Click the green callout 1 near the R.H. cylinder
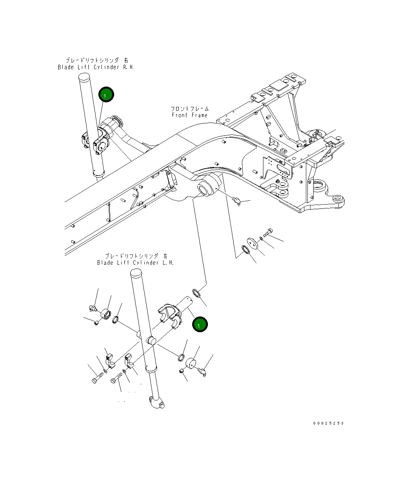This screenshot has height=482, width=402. point(106,94)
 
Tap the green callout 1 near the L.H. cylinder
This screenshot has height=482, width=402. point(200,324)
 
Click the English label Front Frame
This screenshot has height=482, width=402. point(190,115)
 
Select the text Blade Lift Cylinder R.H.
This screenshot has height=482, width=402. point(96,67)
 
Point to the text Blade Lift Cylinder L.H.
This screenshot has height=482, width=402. point(135,263)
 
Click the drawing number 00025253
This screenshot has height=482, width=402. point(328,423)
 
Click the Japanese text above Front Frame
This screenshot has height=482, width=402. point(190,108)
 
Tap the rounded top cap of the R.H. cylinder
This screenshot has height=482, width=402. point(84,76)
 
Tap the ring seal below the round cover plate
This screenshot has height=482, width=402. point(245,250)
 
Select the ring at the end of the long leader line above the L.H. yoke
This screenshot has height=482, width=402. point(196,293)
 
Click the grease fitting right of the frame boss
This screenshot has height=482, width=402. point(237,200)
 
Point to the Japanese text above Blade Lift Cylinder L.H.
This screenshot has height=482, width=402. point(136,256)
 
